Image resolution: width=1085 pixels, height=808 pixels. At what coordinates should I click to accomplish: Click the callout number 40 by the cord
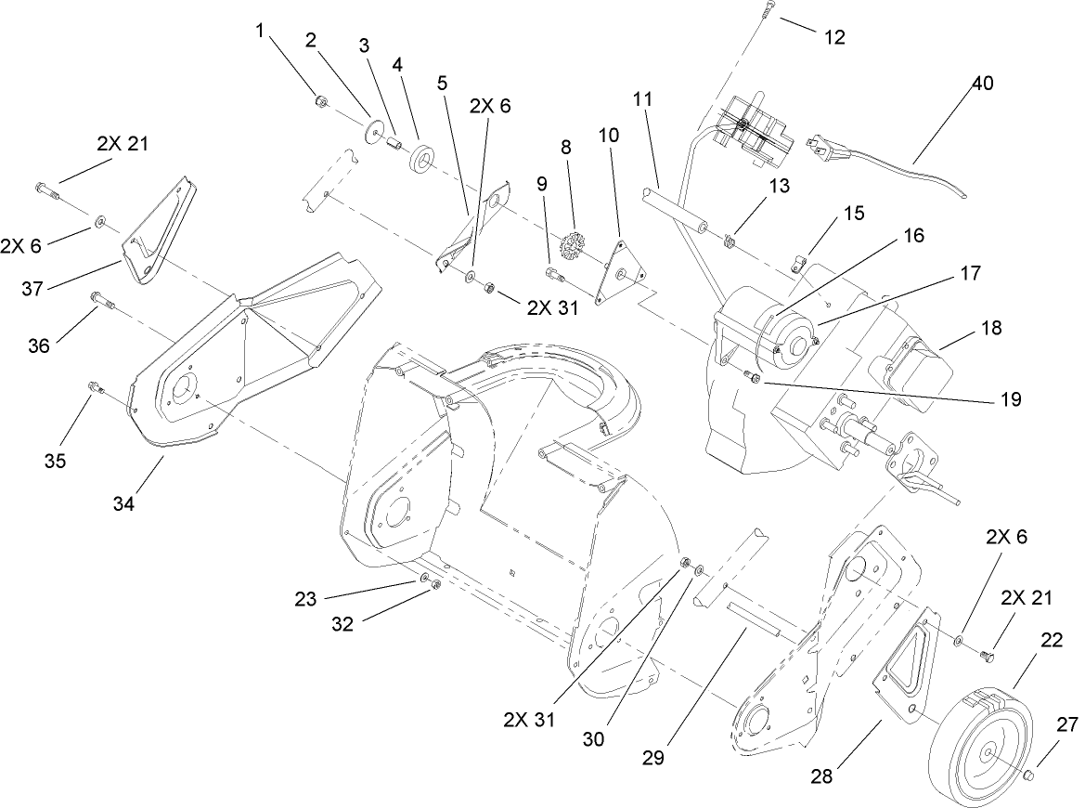pyautogui.click(x=982, y=83)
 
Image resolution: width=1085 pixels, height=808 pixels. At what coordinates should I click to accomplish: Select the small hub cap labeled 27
pyautogui.click(x=1032, y=774)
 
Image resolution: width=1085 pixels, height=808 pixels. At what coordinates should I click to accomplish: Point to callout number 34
pyautogui.click(x=123, y=503)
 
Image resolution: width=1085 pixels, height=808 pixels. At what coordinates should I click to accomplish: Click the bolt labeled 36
pyautogui.click(x=100, y=301)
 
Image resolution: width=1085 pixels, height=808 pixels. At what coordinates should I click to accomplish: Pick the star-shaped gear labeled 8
pyautogui.click(x=570, y=246)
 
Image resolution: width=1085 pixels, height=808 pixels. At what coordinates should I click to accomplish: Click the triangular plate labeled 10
pyautogui.click(x=617, y=269)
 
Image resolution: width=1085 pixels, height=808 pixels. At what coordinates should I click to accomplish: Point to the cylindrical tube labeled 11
pyautogui.click(x=672, y=210)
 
